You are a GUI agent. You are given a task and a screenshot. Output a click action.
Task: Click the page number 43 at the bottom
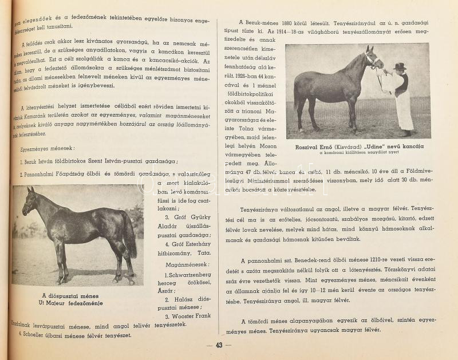point(219,345)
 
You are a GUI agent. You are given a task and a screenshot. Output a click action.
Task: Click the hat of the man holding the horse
point(399,66)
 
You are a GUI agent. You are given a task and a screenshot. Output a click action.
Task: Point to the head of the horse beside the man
point(372,58)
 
